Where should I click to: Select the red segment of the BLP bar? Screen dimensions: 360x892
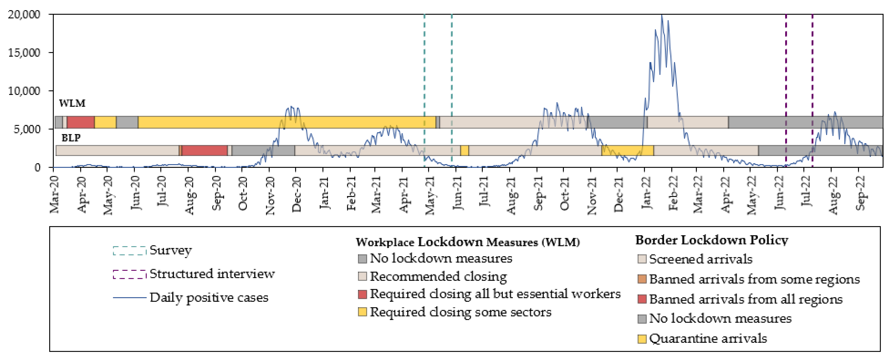coord(204,150)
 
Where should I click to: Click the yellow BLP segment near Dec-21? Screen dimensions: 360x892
coord(627,150)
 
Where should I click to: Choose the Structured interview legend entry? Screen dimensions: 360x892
coord(212,274)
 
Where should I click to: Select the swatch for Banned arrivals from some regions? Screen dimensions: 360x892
coord(642,279)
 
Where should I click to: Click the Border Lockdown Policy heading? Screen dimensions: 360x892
coord(712,240)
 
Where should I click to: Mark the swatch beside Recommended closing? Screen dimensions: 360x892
coord(362,276)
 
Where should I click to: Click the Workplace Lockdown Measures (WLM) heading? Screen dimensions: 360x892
coord(467,242)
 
